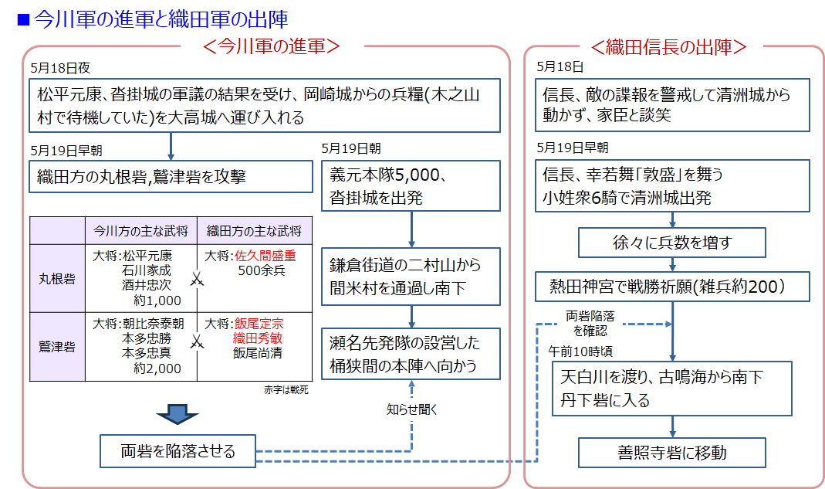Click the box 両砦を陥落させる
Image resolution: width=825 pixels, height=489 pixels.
[x=178, y=451]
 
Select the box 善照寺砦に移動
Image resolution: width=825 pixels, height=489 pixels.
[x=672, y=453]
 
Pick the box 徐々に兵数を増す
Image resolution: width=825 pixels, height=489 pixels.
[x=671, y=243]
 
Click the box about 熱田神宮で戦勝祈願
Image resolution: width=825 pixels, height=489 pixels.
[x=671, y=287]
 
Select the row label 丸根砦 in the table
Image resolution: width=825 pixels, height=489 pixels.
[x=57, y=278]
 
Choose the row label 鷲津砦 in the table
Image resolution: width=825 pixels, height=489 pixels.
[x=57, y=346]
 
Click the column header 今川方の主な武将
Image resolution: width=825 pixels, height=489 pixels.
[x=140, y=231]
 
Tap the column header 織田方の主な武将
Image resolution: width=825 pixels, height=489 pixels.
[x=254, y=231]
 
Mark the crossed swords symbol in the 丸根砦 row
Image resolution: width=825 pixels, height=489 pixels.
[x=197, y=279]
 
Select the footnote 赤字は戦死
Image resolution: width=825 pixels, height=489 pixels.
[x=286, y=389]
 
